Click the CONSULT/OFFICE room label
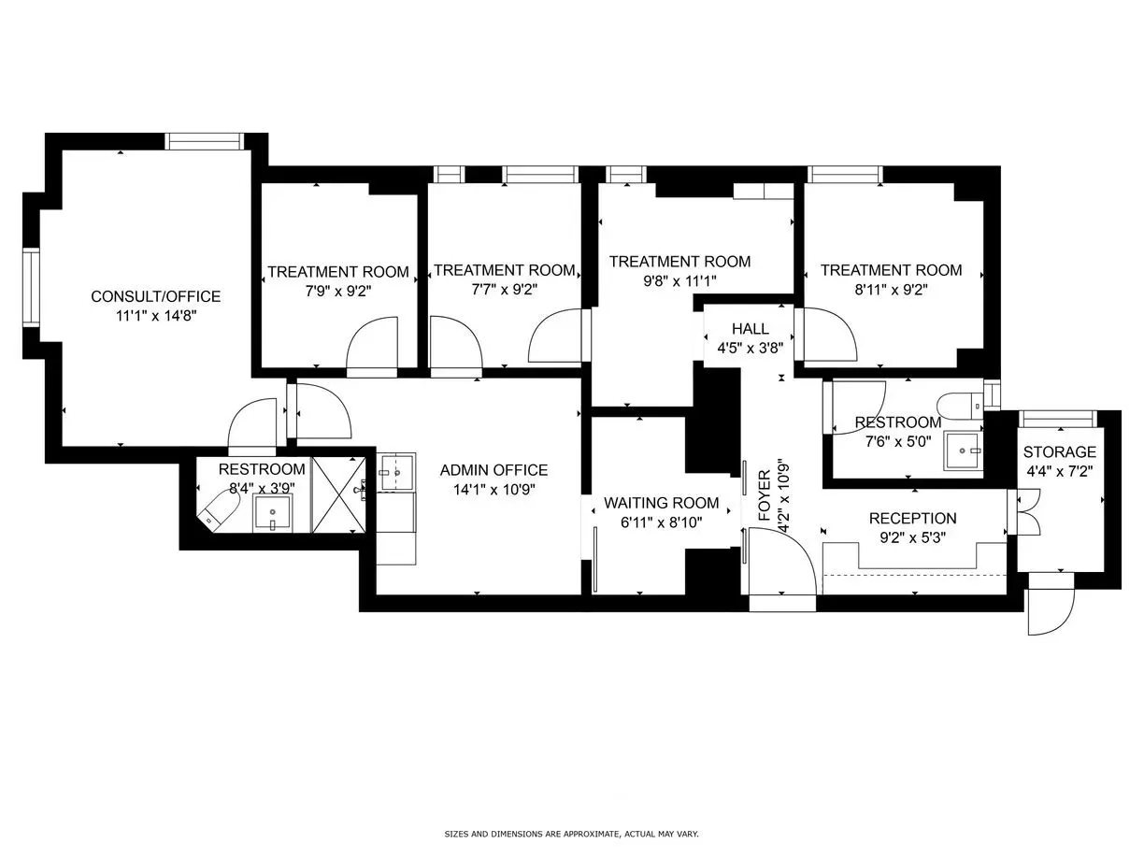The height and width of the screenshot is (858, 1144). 155,296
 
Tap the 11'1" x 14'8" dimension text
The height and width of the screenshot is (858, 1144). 155,316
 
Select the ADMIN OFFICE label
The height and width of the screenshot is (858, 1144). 493,470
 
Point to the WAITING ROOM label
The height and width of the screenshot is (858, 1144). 661,503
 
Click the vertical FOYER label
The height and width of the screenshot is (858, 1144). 764,495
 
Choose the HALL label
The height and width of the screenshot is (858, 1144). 750,329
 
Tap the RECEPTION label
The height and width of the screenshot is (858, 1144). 912,518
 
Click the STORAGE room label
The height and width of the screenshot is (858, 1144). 1059,452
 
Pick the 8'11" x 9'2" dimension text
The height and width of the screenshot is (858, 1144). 890,289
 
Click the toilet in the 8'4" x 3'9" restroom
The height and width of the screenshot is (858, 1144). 217,510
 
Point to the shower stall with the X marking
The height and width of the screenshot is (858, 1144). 339,494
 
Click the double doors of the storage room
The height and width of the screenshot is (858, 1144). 1025,513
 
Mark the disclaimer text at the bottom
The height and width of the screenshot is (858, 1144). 571,834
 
